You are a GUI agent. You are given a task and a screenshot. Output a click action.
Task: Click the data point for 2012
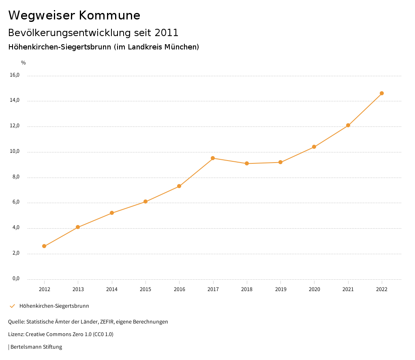44,246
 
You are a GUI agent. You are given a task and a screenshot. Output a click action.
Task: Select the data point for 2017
213,158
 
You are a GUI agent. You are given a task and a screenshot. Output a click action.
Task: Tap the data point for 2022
382,93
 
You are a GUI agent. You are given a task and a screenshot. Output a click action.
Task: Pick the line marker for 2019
280,162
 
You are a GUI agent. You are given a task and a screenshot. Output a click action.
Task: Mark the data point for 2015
145,201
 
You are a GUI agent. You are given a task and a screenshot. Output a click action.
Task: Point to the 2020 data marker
314,147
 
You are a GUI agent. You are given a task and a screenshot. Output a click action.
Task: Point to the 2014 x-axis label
112,289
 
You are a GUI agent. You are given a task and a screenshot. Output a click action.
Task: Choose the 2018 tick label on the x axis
247,289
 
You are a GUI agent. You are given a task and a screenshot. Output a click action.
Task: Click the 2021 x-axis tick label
348,289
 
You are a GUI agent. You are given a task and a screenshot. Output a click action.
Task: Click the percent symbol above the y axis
24,62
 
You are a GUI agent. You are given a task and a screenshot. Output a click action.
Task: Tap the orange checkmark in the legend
12,306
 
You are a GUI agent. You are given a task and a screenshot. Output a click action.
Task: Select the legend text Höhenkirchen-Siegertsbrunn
54,306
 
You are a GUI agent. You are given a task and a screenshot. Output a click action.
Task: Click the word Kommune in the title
109,15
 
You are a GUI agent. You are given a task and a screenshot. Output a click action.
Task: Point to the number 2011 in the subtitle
167,32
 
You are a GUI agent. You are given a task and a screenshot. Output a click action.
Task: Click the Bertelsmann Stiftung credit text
36,347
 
